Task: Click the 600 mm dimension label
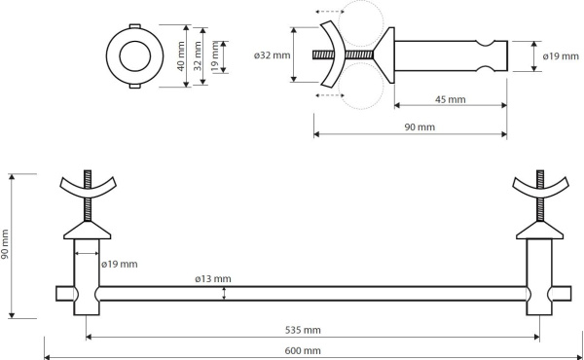pyautogui.click(x=303, y=350)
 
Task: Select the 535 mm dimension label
pyautogui.click(x=303, y=330)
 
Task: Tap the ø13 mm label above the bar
pyautogui.click(x=212, y=279)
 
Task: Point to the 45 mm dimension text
pyautogui.click(x=451, y=99)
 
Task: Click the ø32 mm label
pyautogui.click(x=272, y=55)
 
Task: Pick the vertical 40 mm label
pyautogui.click(x=181, y=56)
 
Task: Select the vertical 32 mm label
pyautogui.click(x=198, y=56)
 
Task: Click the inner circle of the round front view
pyautogui.click(x=135, y=56)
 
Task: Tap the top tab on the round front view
pyautogui.click(x=135, y=26)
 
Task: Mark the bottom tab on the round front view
pyautogui.click(x=135, y=87)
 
